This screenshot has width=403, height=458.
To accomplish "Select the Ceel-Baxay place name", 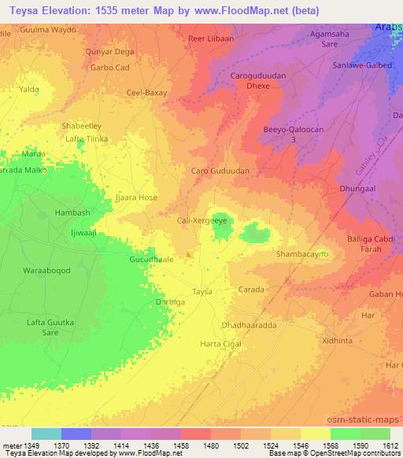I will pyautogui.click(x=147, y=92).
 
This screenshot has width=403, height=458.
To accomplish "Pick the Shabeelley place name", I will pyautogui.click(x=82, y=125).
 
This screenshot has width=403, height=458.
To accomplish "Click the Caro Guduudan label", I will pyautogui.click(x=220, y=170).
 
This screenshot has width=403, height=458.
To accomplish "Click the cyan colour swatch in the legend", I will pyautogui.click(x=46, y=434).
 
